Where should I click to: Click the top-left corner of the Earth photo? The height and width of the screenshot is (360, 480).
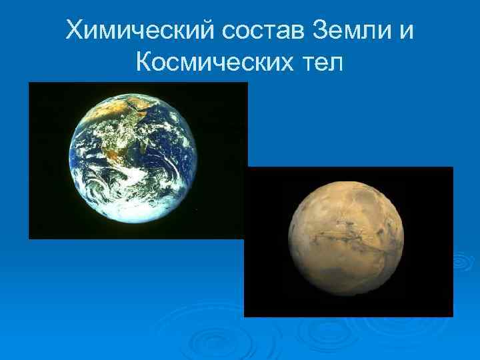click(29, 83)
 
